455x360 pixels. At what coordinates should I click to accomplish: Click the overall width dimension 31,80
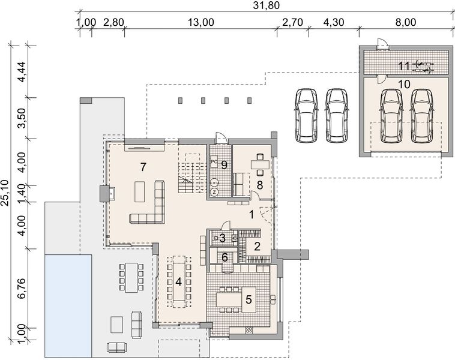coord(266,5)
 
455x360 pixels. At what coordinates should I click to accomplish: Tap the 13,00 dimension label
coord(201,22)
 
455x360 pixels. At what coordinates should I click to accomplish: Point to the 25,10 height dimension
coord(5,193)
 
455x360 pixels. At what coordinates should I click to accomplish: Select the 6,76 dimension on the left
coord(22,288)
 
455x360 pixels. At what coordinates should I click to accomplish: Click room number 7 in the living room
coord(143,167)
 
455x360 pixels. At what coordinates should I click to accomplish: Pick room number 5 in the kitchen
coord(249,300)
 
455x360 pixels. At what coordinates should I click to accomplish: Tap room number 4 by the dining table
coord(178,281)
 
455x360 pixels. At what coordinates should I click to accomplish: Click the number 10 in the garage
coord(404,85)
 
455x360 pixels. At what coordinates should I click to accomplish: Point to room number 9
coord(224,165)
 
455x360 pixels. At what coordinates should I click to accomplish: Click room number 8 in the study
coord(260,185)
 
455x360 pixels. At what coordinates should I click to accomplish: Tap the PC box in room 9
coord(214,162)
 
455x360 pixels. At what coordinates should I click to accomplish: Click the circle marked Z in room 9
coord(214,192)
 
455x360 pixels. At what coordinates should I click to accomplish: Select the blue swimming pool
coord(68,306)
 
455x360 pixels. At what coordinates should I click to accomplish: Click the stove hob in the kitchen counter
coord(249,329)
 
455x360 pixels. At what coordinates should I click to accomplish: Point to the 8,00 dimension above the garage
coord(406,22)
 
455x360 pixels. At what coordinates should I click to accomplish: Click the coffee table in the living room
coord(140,191)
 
